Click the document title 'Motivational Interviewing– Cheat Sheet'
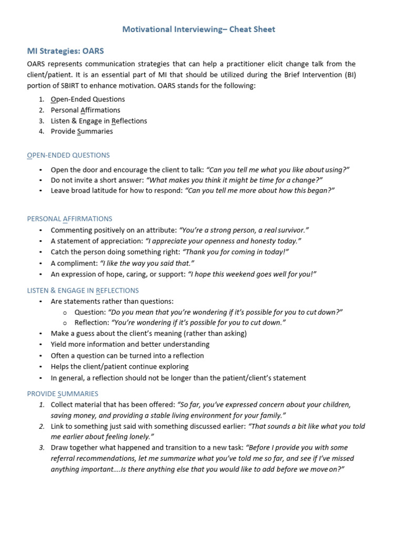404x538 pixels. point(198,29)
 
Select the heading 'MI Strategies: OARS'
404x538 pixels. point(65,51)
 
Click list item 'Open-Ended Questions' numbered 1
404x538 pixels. point(87,99)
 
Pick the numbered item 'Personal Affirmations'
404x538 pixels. point(85,110)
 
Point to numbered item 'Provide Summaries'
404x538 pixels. point(82,131)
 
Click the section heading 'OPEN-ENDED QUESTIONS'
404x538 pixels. point(68,155)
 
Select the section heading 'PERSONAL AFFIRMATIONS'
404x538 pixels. point(69,219)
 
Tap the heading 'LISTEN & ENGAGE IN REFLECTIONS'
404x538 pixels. point(83,290)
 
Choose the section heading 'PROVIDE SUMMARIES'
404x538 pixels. point(62,394)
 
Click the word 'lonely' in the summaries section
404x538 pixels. point(140,437)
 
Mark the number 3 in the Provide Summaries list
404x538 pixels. point(42,448)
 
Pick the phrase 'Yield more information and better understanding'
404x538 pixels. point(130,345)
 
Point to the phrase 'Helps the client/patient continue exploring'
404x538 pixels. point(119,367)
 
